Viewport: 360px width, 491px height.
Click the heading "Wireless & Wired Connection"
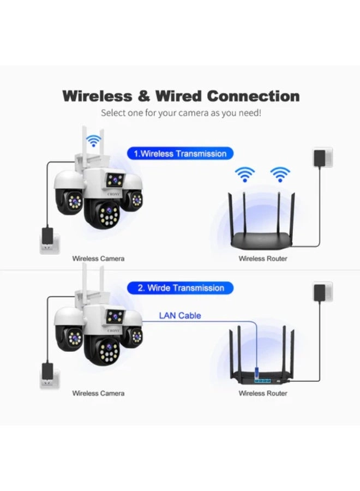click(x=181, y=96)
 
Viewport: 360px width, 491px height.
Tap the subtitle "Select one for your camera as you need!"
click(x=181, y=113)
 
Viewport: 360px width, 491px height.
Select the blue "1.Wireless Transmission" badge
click(x=181, y=154)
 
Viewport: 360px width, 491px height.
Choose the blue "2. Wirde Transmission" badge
click(x=181, y=288)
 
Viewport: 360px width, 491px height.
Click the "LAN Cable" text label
click(x=179, y=315)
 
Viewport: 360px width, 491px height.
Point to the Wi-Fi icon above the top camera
click(x=96, y=141)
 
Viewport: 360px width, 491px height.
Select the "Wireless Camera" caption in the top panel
click(x=98, y=258)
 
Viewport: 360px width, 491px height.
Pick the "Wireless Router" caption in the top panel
click(x=262, y=258)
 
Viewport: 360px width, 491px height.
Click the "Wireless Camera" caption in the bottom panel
click(x=98, y=393)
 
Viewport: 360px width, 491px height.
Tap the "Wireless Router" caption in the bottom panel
click(x=262, y=393)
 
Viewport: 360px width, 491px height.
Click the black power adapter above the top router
click(x=322, y=157)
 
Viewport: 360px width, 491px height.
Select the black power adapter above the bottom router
click(x=322, y=291)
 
